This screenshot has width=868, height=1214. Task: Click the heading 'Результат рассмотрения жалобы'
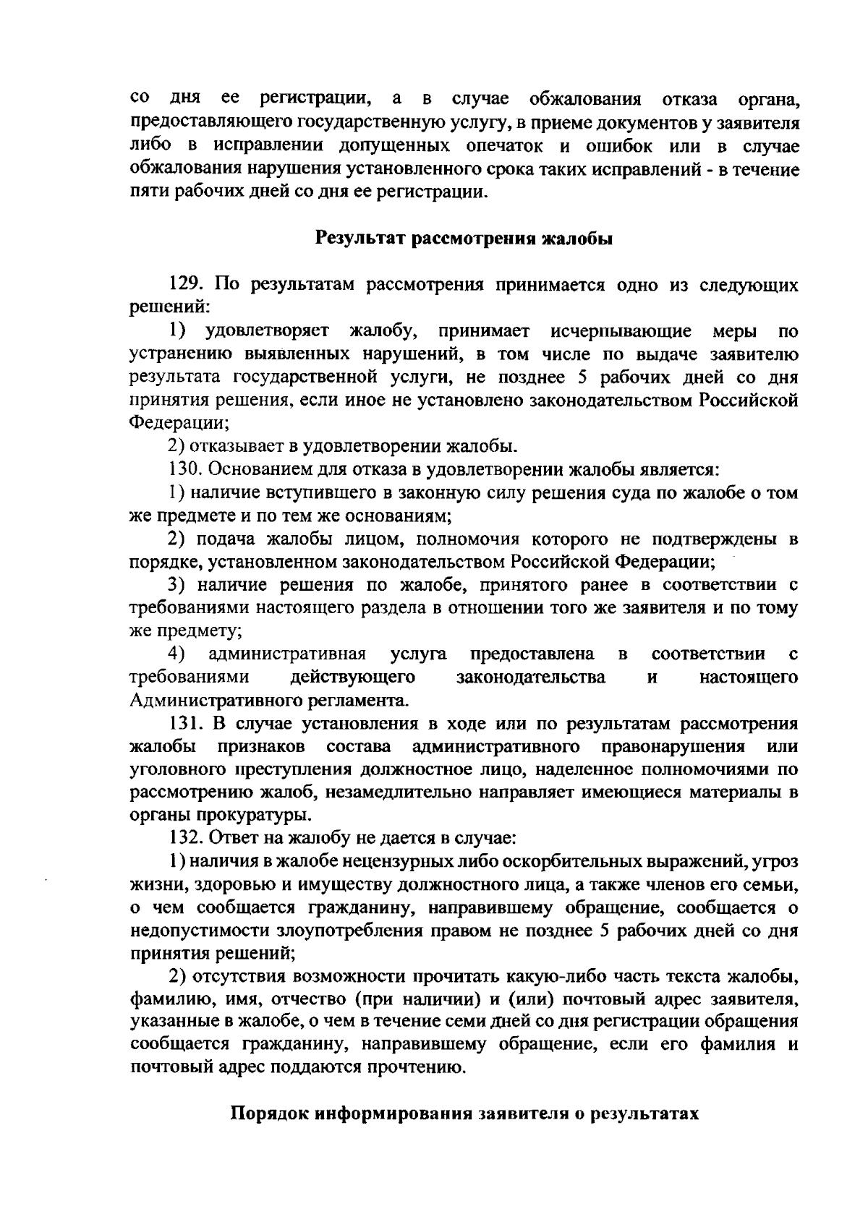point(464,239)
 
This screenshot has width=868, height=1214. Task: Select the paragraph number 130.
point(187,470)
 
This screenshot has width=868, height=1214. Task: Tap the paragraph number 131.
point(187,724)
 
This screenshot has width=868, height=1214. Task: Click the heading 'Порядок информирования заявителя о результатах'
point(464,1134)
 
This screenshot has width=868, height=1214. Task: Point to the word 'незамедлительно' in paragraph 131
point(391,793)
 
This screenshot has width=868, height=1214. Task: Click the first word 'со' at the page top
point(140,100)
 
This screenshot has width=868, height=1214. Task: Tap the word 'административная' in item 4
point(287,655)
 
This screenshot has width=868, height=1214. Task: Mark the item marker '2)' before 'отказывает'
point(178,447)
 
